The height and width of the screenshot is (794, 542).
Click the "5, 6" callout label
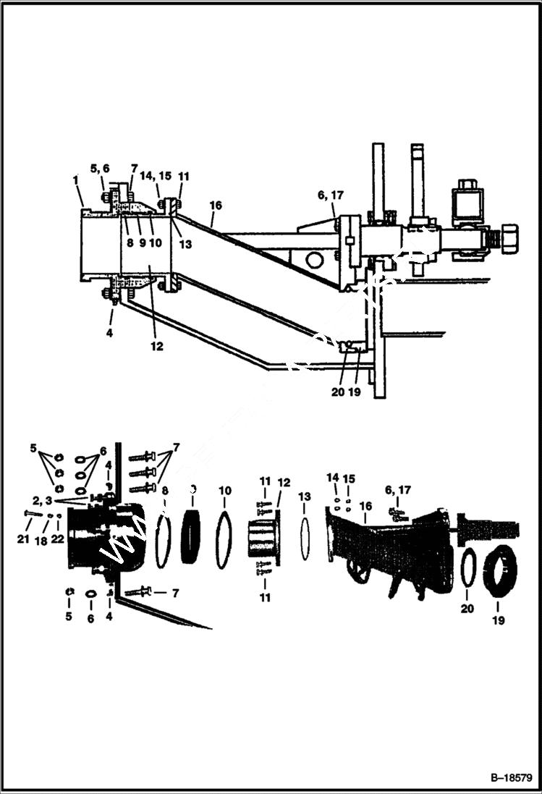click(100, 169)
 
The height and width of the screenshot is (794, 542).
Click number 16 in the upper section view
click(214, 206)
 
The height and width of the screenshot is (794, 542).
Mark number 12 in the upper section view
click(157, 347)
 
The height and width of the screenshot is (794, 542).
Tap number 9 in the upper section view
click(143, 243)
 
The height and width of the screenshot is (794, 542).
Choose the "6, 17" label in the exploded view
click(399, 490)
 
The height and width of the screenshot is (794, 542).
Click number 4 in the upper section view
click(109, 334)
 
